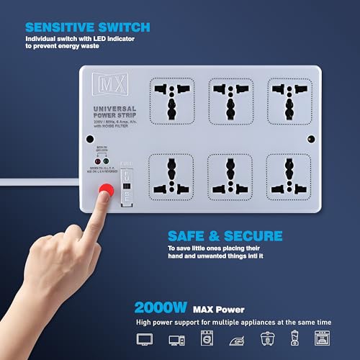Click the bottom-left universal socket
[172, 175]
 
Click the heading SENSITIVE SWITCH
[87, 28]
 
